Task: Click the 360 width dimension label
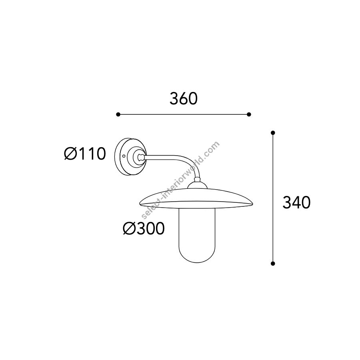point(184,99)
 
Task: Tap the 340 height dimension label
point(296,202)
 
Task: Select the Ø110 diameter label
point(85,154)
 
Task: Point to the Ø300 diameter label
point(144,228)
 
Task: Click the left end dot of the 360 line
point(118,114)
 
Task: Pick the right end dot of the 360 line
point(249,114)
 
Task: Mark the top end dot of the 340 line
point(273,133)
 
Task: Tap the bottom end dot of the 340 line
point(273,264)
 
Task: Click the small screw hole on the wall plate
point(124,156)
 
